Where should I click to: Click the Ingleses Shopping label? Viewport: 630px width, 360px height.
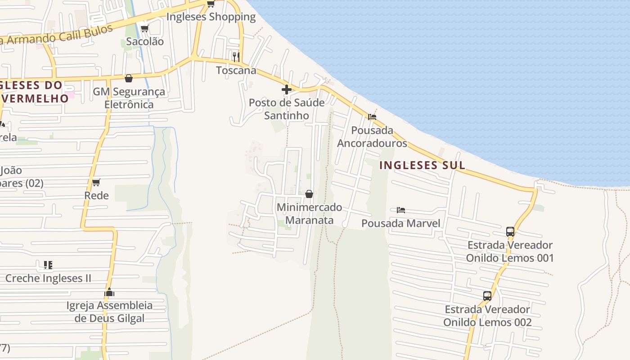click(211, 17)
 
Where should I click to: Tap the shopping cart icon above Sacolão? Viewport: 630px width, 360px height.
click(144, 28)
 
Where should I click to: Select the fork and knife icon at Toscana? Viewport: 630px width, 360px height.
click(236, 57)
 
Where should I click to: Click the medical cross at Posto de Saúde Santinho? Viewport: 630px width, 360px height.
click(287, 90)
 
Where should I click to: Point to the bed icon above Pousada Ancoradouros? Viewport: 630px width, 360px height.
click(372, 117)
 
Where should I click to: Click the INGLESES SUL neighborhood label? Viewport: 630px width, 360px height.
click(422, 165)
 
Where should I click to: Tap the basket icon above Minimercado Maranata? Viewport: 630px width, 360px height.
click(309, 194)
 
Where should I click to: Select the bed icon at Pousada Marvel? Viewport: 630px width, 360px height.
click(401, 210)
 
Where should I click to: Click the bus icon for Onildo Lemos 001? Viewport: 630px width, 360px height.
click(510, 232)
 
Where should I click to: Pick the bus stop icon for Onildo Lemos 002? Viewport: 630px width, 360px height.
click(487, 296)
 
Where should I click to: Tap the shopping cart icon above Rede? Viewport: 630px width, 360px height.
click(96, 182)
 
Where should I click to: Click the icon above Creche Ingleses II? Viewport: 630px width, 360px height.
click(48, 265)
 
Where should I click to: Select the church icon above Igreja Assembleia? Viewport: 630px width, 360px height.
click(109, 292)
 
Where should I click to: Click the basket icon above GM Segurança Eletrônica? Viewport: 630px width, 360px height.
click(129, 78)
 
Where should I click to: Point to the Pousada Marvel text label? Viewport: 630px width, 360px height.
click(401, 223)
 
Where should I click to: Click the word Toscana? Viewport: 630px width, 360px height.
click(236, 70)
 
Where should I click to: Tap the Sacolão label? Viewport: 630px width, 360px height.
click(145, 41)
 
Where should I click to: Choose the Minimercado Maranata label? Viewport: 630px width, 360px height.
click(310, 214)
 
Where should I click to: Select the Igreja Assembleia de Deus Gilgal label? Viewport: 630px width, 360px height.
click(110, 312)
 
